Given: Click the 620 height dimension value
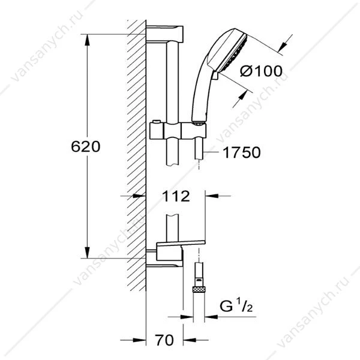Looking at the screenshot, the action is click(86, 146).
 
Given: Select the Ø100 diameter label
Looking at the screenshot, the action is click(261, 71).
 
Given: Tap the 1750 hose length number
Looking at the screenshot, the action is click(242, 152).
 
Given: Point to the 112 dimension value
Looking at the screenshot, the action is click(176, 196).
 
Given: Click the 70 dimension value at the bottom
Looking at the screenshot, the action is click(164, 340).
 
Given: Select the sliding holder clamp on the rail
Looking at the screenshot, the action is click(178, 131).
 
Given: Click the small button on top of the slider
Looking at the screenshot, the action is click(157, 121).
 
